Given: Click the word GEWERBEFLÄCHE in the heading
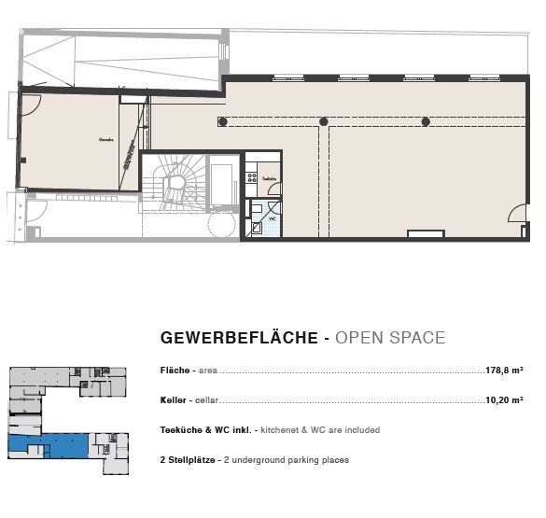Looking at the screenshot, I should coord(239,338).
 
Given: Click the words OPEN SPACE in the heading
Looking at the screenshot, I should coord(389,338).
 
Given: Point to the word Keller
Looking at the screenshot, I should coord(175,400).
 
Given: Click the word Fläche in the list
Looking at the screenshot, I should coord(176,371).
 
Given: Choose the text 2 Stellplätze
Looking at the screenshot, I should coord(189,460).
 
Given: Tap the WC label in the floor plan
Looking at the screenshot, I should coord(273,218).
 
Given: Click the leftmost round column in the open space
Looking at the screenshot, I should coord(222,121).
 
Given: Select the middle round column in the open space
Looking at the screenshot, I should coord(324,121).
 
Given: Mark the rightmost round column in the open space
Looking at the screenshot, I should coord(426,121).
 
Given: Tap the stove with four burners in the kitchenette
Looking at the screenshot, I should coord(250,177).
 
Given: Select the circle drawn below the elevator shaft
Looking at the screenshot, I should coord(223,224).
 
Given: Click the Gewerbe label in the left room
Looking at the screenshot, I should coord(105,140).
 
